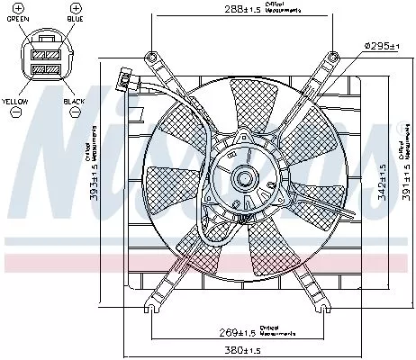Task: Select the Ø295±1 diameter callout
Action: pyautogui.click(x=382, y=46)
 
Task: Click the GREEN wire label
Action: pyautogui.click(x=16, y=17)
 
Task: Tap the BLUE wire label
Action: pyautogui.click(x=75, y=17)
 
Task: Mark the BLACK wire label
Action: pyautogui.click(x=75, y=102)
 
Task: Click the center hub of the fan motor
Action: pyautogui.click(x=243, y=179)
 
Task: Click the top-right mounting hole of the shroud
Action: pyautogui.click(x=334, y=57)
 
